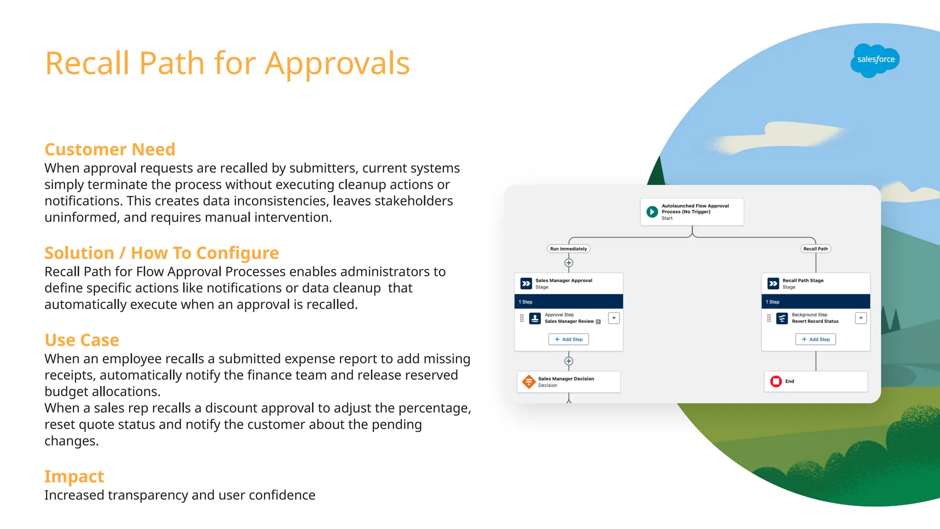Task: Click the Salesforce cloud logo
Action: pos(875,60)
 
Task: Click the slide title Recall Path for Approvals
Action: pos(227,63)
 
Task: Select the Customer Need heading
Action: pos(110,150)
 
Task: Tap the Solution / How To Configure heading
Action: pos(162,253)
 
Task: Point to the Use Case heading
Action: pos(82,340)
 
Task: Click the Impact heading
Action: pos(74,477)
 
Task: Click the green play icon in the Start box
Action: pos(652,212)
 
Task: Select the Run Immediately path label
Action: pos(568,249)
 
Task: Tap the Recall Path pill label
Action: pos(816,249)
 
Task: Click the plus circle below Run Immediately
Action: pos(569,263)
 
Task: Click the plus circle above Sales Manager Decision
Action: pos(569,361)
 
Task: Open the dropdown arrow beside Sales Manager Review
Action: pos(614,318)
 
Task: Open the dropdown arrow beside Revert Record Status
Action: pos(861,318)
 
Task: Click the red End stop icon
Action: pos(776,382)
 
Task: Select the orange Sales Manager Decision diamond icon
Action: pos(529,382)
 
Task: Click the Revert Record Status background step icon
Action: pos(782,318)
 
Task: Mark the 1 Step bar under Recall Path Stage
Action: pos(816,302)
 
